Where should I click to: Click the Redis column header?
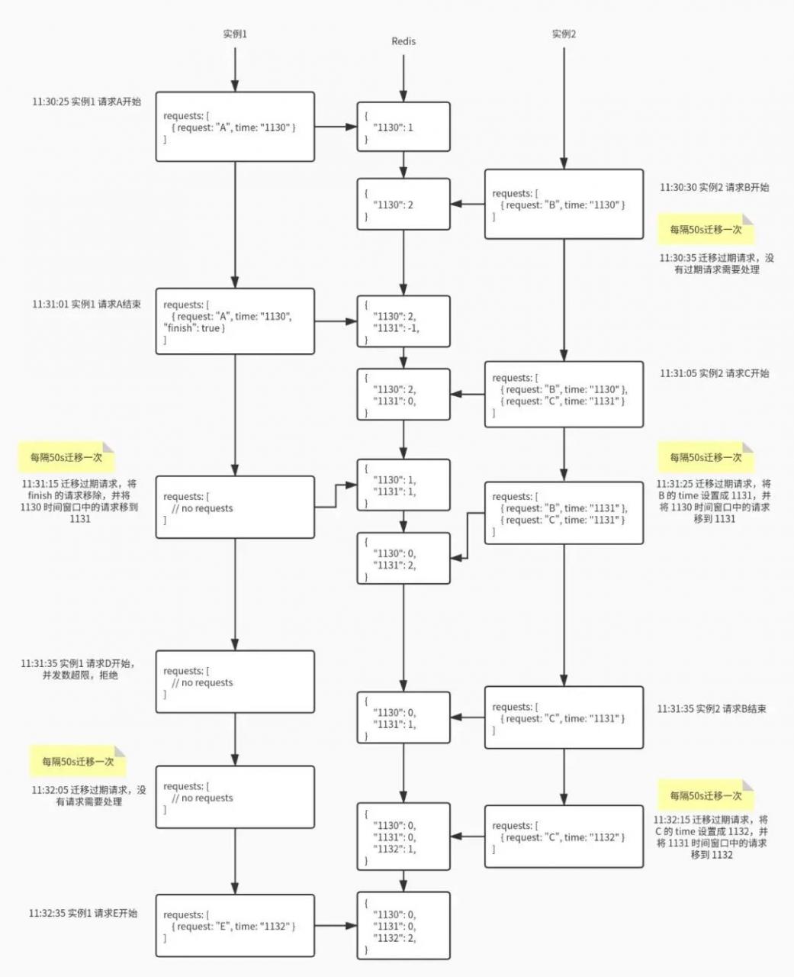(x=403, y=41)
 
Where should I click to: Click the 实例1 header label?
(x=235, y=34)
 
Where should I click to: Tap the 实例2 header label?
(x=564, y=34)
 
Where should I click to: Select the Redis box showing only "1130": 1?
(x=403, y=127)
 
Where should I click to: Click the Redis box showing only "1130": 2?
(x=403, y=204)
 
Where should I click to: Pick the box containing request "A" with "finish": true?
(x=235, y=321)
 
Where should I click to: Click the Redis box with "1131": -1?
(x=403, y=321)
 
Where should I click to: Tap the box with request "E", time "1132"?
(x=235, y=926)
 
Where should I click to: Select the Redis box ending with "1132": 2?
(x=403, y=926)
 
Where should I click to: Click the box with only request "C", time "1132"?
(x=564, y=837)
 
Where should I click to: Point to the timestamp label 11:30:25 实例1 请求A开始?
(x=86, y=102)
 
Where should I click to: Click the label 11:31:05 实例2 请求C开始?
(x=714, y=373)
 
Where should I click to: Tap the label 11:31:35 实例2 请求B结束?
(x=712, y=708)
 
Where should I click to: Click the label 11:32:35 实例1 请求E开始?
(x=83, y=913)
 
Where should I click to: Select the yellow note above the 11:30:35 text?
(x=706, y=229)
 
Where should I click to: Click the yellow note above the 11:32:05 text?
(x=78, y=762)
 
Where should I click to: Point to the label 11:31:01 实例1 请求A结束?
(x=86, y=304)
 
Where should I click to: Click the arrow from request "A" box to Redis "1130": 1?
(x=336, y=127)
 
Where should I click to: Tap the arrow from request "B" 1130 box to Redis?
(x=468, y=204)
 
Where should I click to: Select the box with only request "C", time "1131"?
(x=564, y=717)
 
